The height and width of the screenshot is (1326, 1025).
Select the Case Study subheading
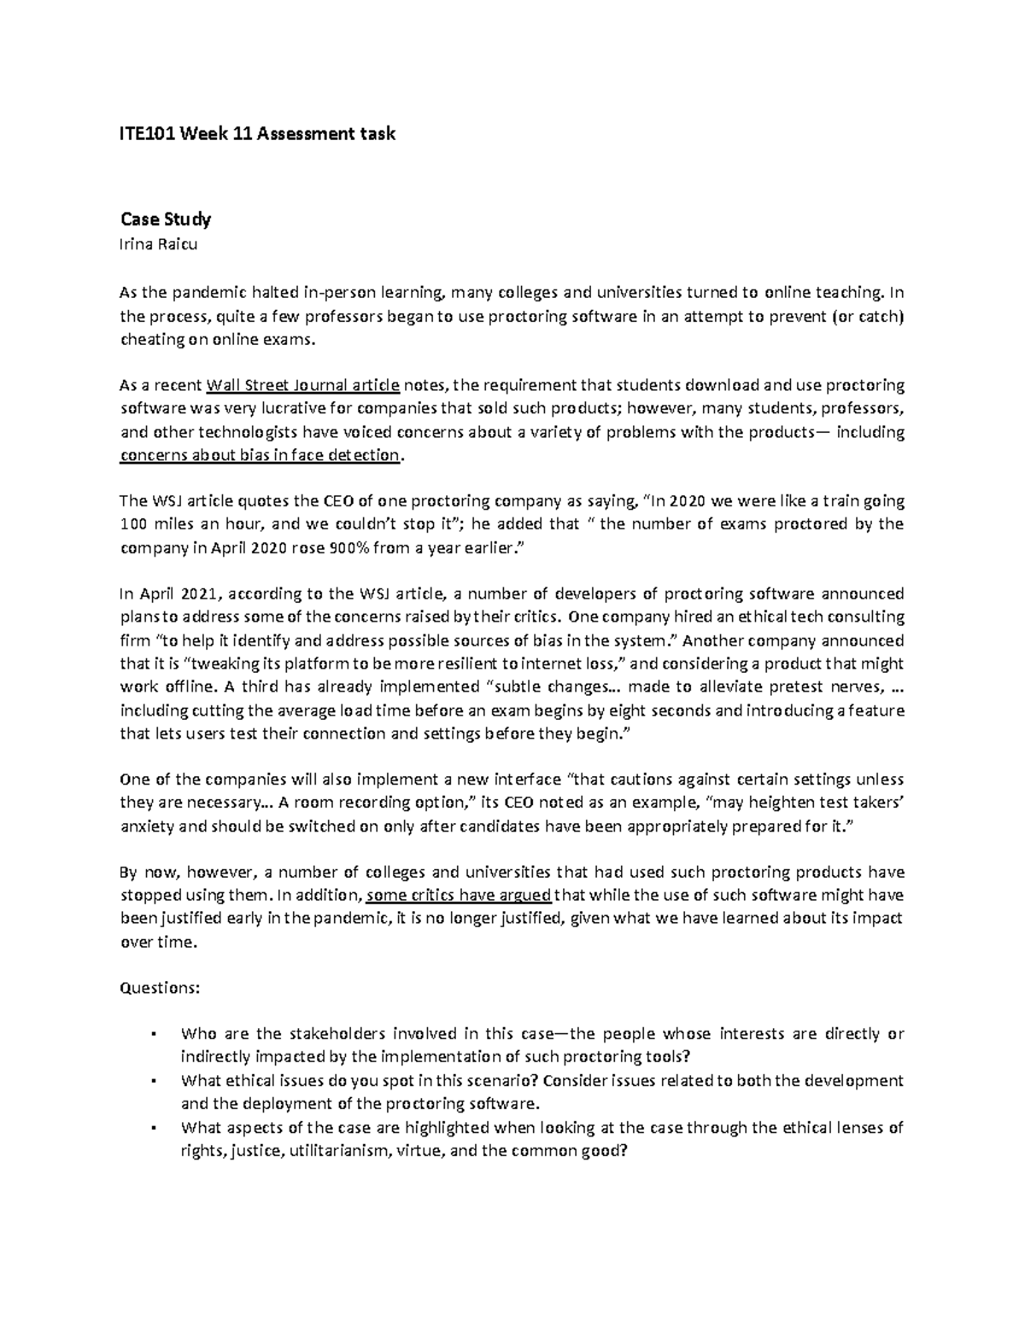pyautogui.click(x=165, y=219)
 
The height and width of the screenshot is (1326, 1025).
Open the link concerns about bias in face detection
pyautogui.click(x=260, y=455)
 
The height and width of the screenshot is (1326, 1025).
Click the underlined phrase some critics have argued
pyautogui.click(x=460, y=896)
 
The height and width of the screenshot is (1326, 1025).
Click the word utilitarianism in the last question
pyautogui.click(x=337, y=1151)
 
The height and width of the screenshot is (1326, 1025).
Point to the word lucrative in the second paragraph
pyautogui.click(x=266, y=408)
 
